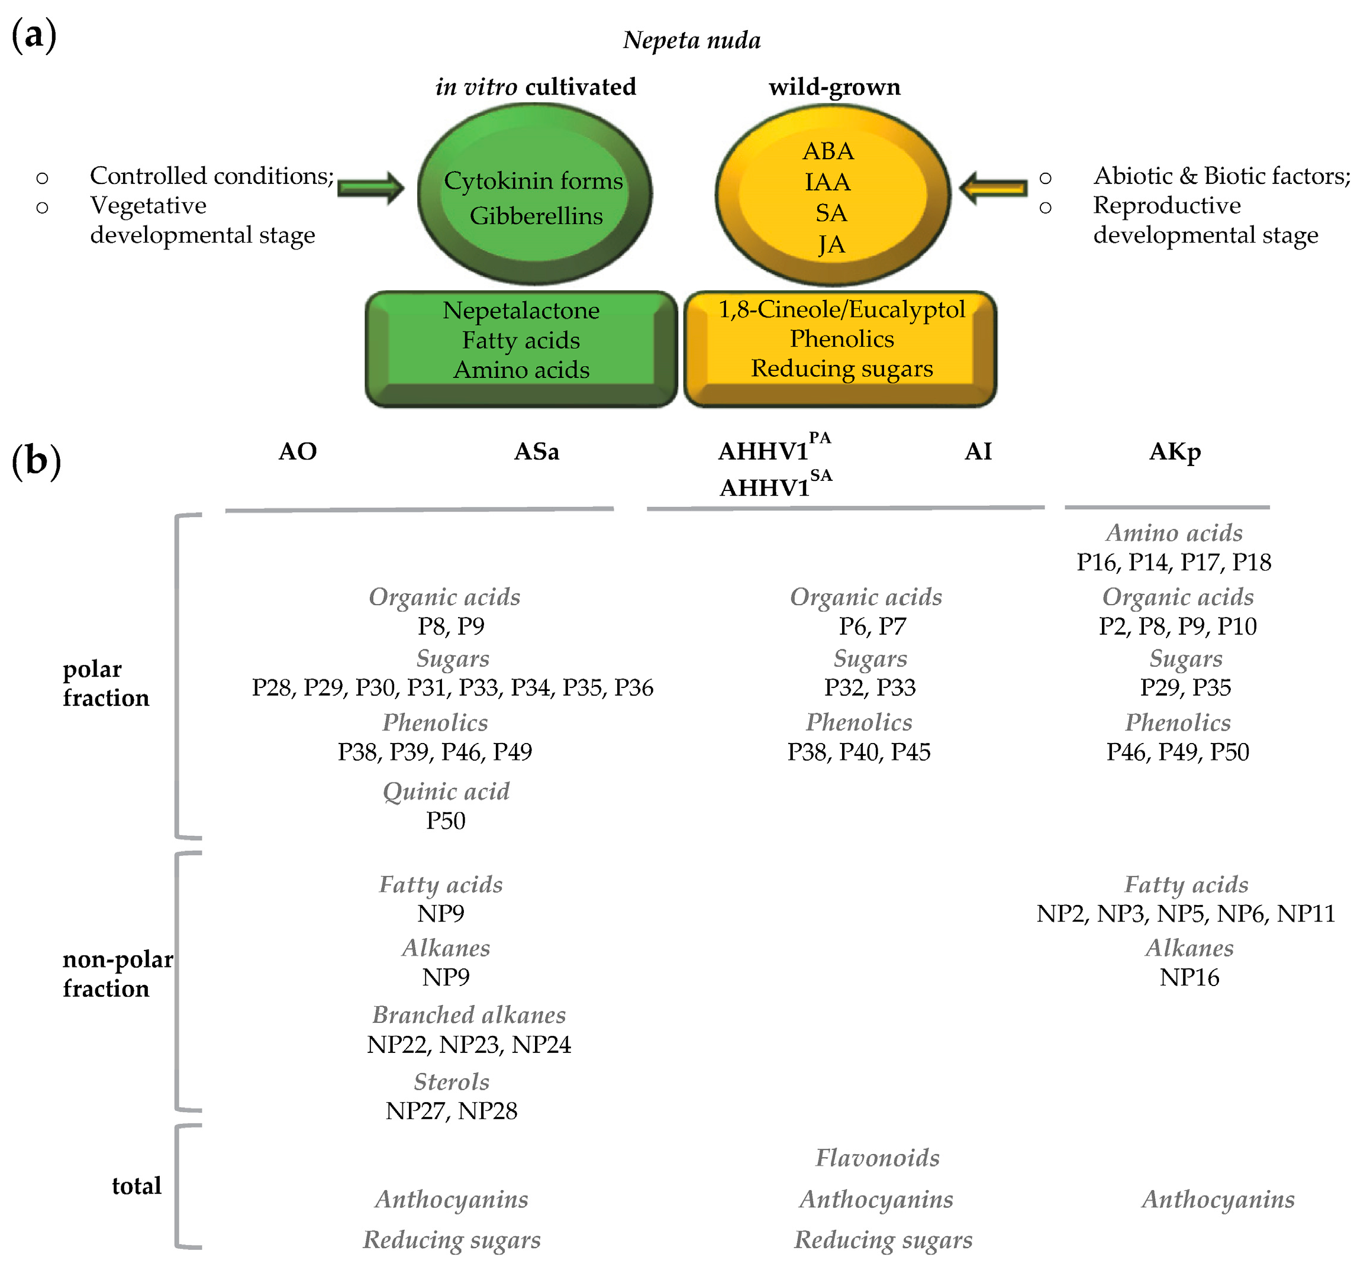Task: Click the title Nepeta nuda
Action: [x=691, y=40]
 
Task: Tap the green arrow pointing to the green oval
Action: [x=370, y=188]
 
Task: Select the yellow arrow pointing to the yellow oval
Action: [x=993, y=188]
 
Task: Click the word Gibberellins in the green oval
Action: [x=536, y=216]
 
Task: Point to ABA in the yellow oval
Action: [x=828, y=150]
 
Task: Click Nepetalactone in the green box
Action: [x=521, y=310]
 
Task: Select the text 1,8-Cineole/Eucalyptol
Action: [x=841, y=309]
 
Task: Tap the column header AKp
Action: [x=1175, y=451]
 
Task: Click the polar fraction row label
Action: [x=105, y=683]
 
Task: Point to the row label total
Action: [x=136, y=1185]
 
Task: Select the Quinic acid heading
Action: [x=446, y=791]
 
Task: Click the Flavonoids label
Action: [x=877, y=1158]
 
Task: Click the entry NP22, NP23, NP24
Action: [x=468, y=1044]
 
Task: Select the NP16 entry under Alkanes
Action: [x=1189, y=977]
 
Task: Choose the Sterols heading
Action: [x=451, y=1081]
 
